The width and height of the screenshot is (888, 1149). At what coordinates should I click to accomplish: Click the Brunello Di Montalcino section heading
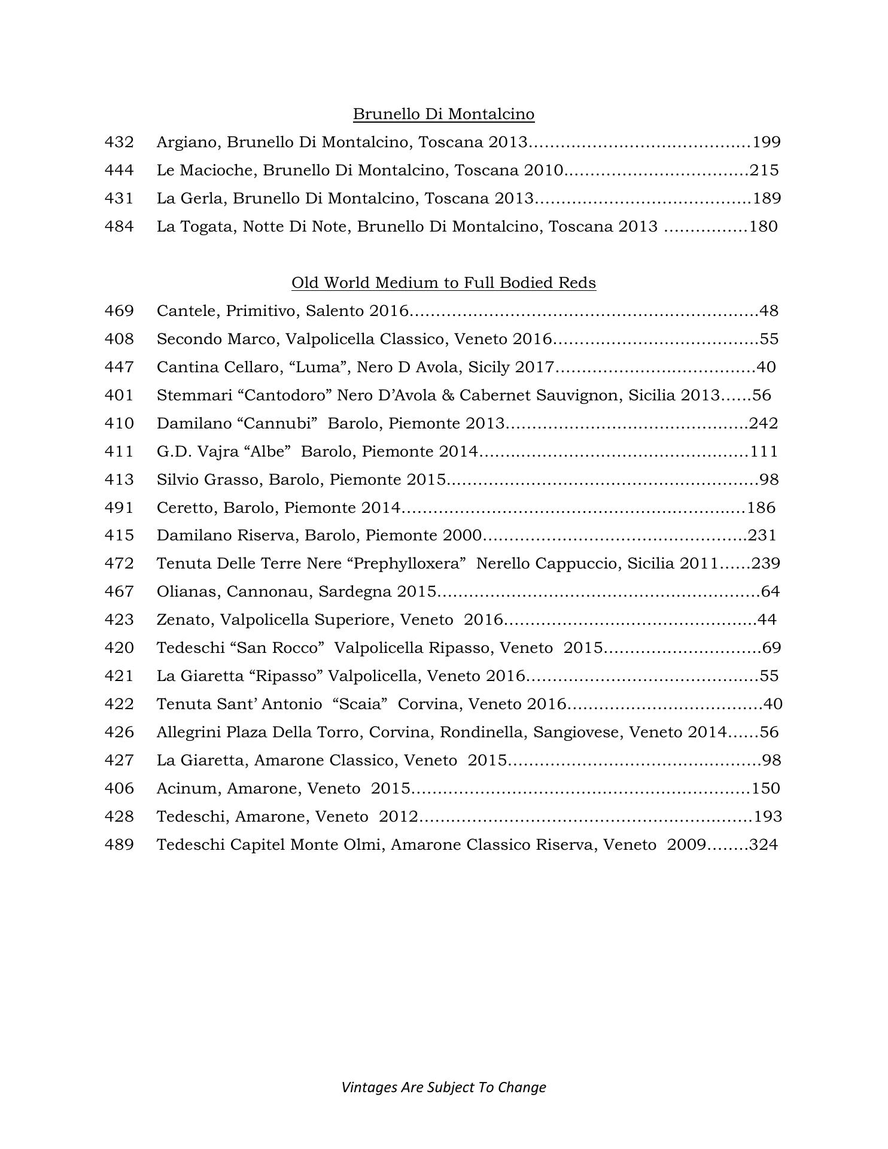443,114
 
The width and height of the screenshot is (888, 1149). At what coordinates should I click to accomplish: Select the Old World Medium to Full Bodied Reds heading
443,282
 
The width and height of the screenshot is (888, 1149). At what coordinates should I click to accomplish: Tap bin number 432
119,142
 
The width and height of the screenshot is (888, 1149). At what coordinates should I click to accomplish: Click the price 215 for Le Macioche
764,171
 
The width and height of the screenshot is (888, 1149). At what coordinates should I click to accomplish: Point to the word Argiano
188,142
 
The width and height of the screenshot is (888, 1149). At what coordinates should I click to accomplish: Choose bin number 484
119,227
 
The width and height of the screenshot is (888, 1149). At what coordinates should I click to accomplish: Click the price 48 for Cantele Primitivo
768,311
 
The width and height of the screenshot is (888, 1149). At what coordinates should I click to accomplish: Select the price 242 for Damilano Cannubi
764,424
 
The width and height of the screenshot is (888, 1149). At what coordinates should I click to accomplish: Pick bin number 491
119,508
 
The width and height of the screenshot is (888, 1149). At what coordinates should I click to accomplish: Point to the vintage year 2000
462,536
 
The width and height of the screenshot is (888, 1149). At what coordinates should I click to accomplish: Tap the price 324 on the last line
764,845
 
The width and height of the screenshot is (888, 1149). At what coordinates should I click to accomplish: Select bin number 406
119,789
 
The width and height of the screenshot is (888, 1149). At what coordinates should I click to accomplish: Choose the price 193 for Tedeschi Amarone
768,817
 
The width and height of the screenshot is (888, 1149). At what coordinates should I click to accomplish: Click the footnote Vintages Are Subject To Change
443,1087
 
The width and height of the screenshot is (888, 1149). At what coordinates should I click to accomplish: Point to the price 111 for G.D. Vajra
764,452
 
